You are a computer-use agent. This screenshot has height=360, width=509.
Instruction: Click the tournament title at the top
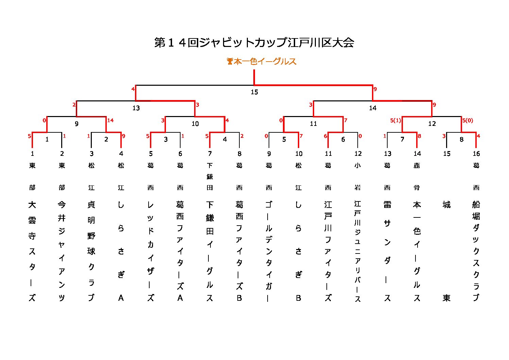[x=254, y=43]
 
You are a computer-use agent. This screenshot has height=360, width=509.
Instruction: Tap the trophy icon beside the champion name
[x=230, y=62]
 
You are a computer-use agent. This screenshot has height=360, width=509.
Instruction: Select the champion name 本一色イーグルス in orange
[x=265, y=62]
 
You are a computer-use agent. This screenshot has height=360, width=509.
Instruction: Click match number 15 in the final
[x=254, y=92]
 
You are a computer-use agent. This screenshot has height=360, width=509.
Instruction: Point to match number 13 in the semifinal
[x=136, y=108]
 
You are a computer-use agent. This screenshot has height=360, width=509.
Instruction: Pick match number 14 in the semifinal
[x=373, y=108]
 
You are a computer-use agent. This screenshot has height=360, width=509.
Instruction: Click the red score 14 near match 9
[x=110, y=120]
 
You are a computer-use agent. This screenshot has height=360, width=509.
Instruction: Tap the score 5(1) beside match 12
[x=395, y=120]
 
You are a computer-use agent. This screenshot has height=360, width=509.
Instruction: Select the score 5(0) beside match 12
[x=468, y=120]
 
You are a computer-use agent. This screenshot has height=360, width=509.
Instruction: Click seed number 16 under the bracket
[x=476, y=154]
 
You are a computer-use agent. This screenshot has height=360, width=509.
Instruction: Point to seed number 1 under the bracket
[x=32, y=154]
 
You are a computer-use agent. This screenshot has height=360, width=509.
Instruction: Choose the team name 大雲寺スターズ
[x=32, y=251]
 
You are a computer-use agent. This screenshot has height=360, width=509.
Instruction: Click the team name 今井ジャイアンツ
[x=62, y=251]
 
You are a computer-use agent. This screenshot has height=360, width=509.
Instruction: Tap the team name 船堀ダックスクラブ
[x=476, y=251]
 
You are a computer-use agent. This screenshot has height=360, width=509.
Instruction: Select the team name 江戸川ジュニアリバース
[x=358, y=251]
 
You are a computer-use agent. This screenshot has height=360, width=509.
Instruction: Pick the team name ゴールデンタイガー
[x=269, y=251]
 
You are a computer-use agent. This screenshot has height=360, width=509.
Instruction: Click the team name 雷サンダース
[x=387, y=251]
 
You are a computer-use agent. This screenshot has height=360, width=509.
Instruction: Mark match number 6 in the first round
[x=343, y=140]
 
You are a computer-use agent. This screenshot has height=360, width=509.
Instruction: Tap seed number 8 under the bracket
[x=239, y=154]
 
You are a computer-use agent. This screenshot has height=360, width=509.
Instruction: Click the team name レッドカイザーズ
[x=150, y=251]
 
